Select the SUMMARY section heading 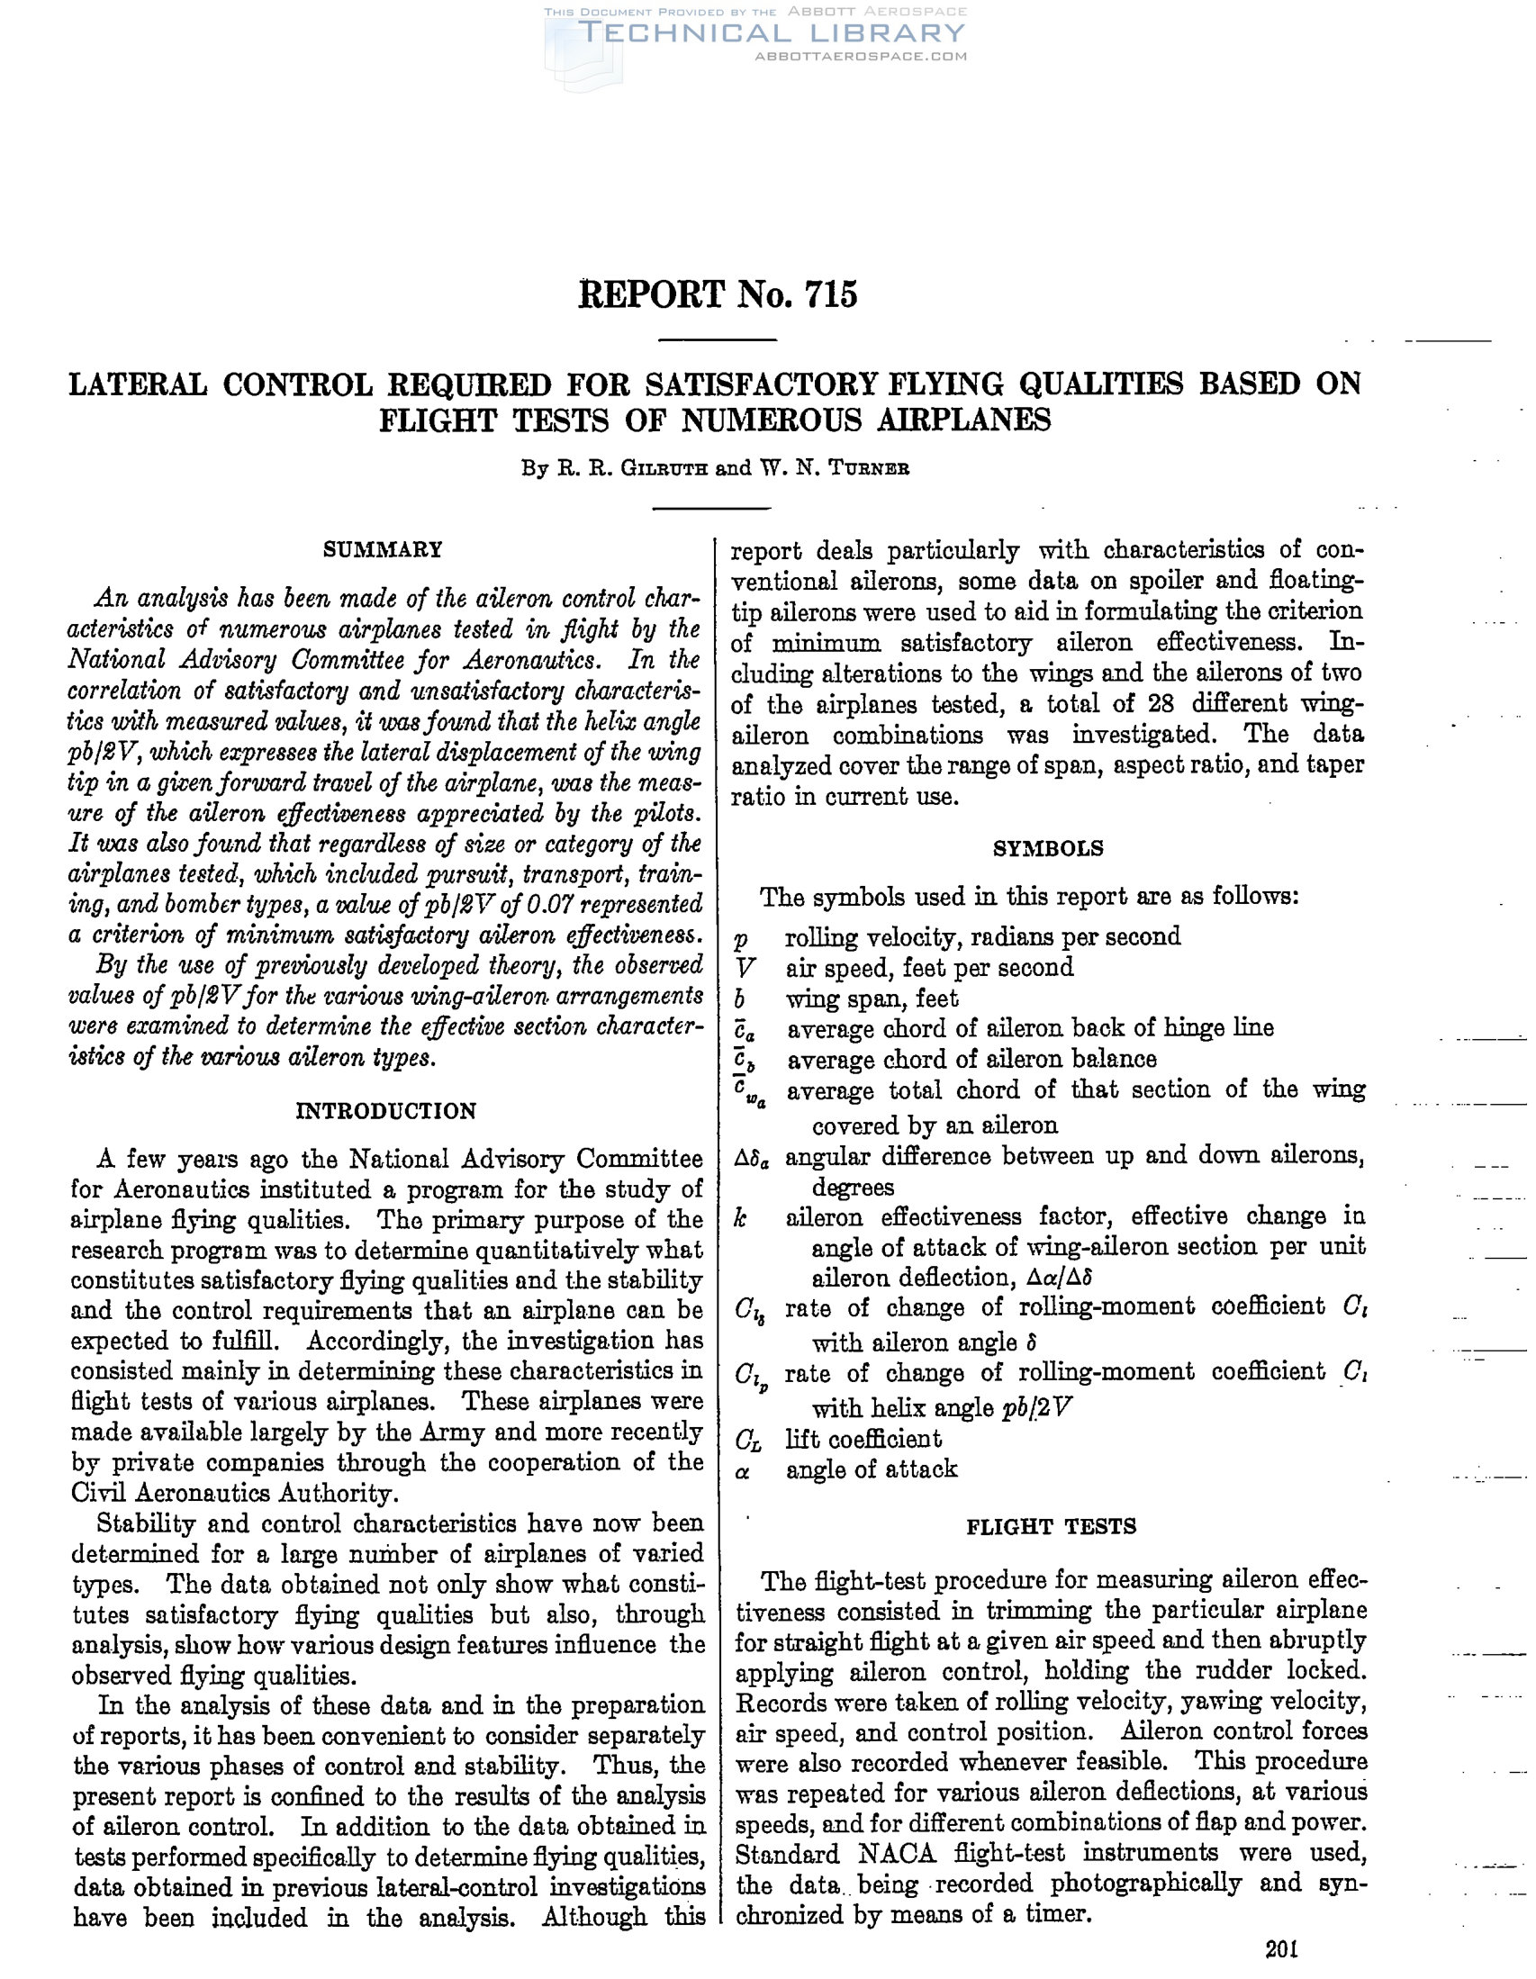point(384,550)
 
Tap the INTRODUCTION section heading point(386,1111)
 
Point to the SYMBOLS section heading point(1048,848)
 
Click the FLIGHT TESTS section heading point(1051,1527)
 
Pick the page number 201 point(1282,1949)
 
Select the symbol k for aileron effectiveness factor point(741,1217)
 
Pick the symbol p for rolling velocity point(741,939)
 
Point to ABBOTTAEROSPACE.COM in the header point(860,56)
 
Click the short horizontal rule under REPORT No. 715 point(717,339)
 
